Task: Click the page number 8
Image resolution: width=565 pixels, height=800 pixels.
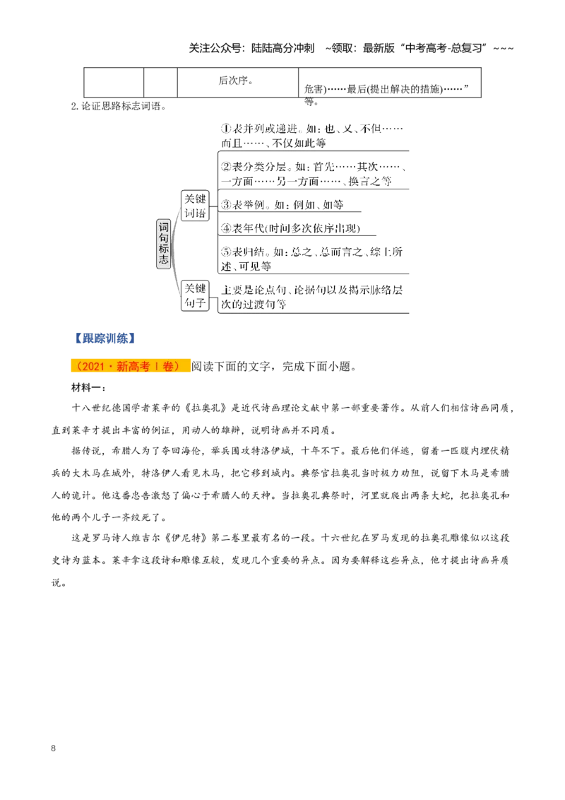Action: (53, 748)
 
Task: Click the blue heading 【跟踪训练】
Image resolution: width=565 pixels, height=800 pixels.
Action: (105, 339)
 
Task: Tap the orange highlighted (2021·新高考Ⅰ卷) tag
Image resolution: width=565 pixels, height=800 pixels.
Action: (130, 366)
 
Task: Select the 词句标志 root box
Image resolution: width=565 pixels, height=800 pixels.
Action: (163, 243)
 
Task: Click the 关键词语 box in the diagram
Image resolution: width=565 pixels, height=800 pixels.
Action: (195, 206)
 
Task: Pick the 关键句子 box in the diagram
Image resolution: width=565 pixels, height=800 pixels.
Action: (195, 295)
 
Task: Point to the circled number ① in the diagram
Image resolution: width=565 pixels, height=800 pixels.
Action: (226, 129)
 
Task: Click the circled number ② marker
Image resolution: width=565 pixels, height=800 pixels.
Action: (226, 167)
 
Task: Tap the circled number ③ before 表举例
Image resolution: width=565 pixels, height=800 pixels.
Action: (226, 204)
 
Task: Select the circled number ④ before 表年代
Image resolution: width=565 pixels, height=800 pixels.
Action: (226, 228)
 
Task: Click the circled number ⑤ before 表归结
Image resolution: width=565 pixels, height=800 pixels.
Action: (226, 252)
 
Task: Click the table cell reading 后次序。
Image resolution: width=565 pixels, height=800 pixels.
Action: (237, 82)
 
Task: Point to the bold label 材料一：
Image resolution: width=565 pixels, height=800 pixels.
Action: (88, 388)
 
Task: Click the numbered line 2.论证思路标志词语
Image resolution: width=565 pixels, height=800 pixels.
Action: (119, 106)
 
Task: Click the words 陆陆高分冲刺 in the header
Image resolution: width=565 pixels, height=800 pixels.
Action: (283, 48)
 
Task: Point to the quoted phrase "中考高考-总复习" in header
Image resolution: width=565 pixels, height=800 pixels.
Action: (444, 48)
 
